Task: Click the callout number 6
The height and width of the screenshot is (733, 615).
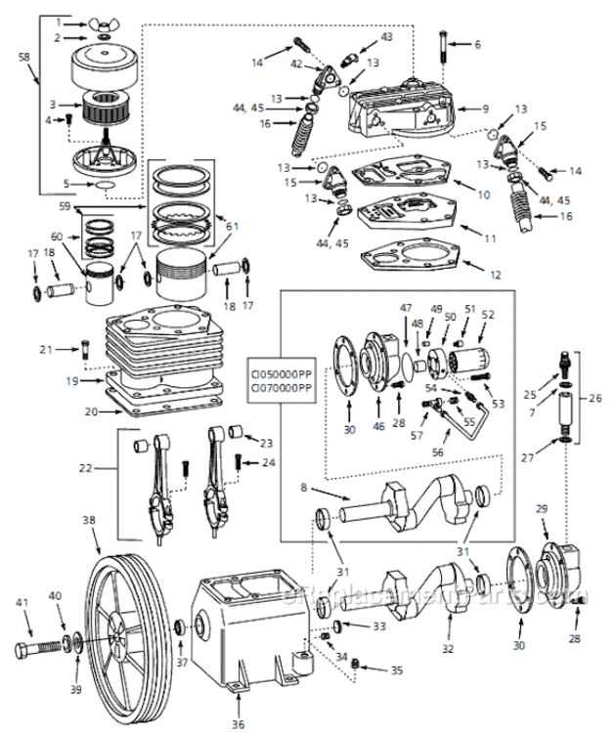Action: point(478,45)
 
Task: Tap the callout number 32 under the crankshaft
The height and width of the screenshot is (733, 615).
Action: point(448,646)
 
